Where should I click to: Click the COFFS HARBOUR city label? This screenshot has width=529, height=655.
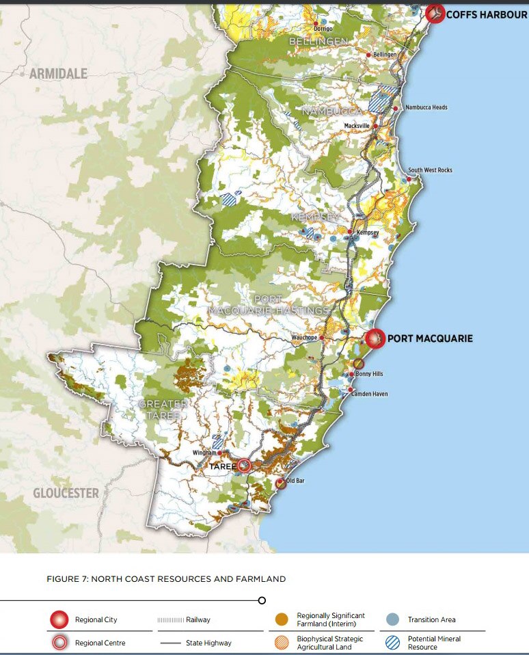click(486, 14)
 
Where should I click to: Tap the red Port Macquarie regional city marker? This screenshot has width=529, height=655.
click(375, 338)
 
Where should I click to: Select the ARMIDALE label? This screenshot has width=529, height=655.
click(58, 74)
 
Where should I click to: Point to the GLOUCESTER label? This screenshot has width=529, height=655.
click(66, 493)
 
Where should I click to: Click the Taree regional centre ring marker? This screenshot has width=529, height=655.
click(244, 466)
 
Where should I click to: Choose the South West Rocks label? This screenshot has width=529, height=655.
click(430, 170)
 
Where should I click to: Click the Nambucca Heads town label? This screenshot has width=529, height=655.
click(426, 107)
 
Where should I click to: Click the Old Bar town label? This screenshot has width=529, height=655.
click(295, 482)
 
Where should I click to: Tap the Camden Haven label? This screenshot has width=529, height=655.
click(369, 395)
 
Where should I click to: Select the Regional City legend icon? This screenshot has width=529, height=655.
click(59, 620)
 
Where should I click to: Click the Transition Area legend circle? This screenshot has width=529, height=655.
click(392, 620)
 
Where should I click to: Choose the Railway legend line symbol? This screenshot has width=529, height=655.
click(170, 620)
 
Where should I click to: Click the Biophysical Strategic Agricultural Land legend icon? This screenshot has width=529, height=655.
click(280, 643)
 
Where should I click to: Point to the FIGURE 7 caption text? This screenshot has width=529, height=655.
click(166, 579)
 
